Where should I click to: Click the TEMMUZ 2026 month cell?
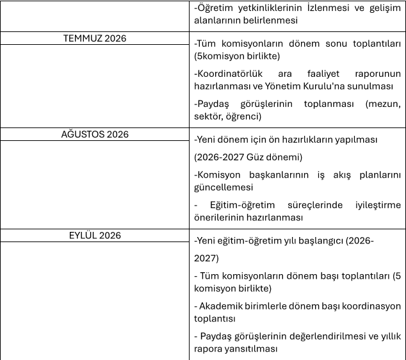pyautogui.click(x=95, y=38)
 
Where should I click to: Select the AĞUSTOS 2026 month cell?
pyautogui.click(x=95, y=135)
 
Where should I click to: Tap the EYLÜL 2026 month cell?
pyautogui.click(x=95, y=235)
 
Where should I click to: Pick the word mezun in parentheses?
pyautogui.click(x=382, y=104)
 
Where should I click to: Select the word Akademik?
pyautogui.click(x=222, y=306)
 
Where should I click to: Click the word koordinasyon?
pyautogui.click(x=371, y=306)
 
